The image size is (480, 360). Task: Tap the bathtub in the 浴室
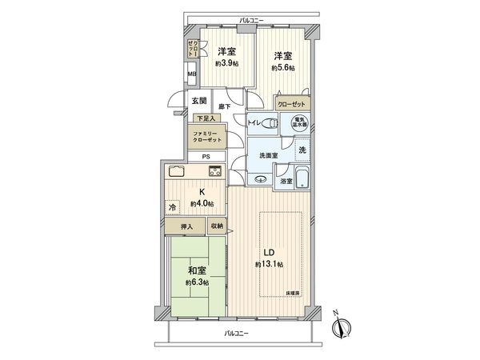point(302,178)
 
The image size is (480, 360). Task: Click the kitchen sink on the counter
point(177,172)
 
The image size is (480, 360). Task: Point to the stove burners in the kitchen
point(214,170)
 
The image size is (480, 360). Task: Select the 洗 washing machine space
point(302,150)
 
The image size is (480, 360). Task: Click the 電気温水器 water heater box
point(298,125)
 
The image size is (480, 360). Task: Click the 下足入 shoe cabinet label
point(205,118)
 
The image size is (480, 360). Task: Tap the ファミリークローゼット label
point(206,137)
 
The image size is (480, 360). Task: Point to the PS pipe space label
point(206,156)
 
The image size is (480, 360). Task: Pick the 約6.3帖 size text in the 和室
point(196,283)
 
